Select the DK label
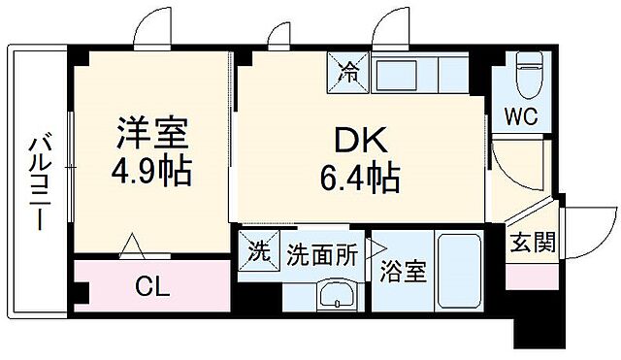[361, 142]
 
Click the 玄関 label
[532, 241]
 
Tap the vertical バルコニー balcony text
[39, 180]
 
